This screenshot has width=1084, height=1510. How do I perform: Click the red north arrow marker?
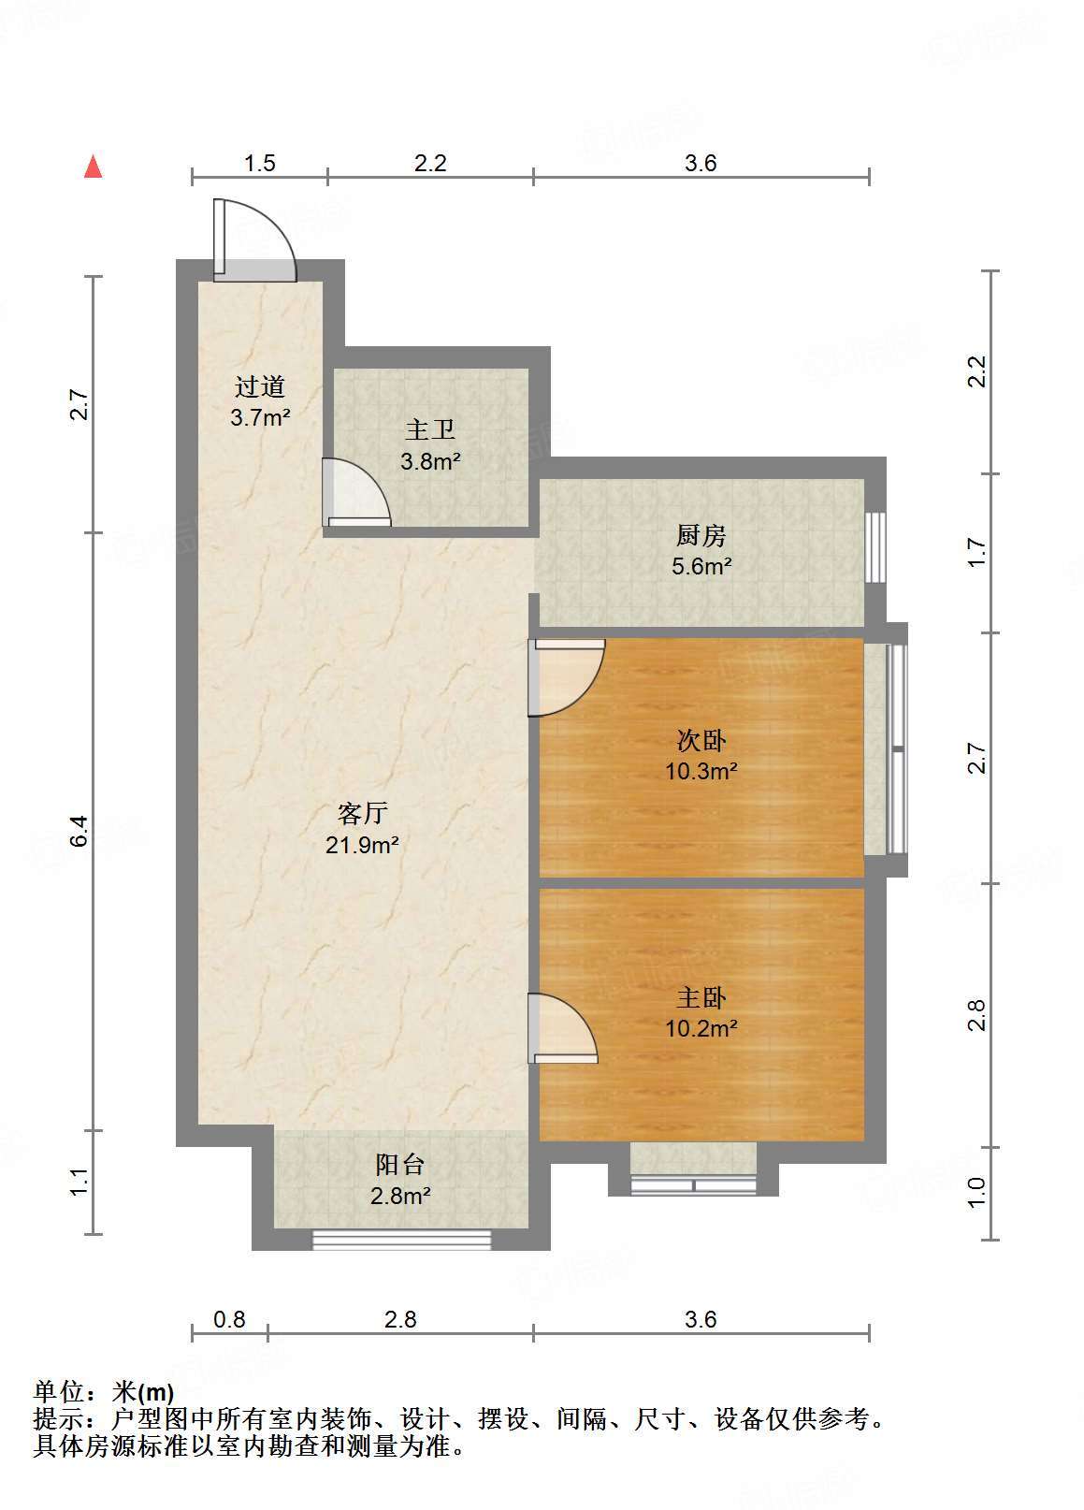click(93, 167)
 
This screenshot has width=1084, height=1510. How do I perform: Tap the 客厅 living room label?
click(363, 813)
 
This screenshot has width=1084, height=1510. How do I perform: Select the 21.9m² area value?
click(363, 846)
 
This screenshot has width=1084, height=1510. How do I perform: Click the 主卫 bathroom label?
click(430, 430)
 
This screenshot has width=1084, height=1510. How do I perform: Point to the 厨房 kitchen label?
click(701, 536)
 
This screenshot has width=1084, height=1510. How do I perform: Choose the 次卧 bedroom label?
click(701, 741)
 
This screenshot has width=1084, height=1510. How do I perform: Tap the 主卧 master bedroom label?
click(701, 998)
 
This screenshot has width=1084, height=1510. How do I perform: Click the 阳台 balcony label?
click(400, 1165)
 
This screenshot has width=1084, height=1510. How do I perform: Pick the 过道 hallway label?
click(259, 386)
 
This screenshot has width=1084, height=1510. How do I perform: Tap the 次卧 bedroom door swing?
click(566, 676)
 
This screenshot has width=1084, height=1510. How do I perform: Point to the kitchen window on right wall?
click(874, 547)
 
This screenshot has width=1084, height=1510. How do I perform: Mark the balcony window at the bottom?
click(401, 1240)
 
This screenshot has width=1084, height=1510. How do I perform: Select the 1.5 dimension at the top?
click(260, 163)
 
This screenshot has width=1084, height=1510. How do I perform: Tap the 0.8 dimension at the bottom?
click(229, 1319)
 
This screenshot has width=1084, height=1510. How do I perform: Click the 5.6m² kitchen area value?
click(701, 566)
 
